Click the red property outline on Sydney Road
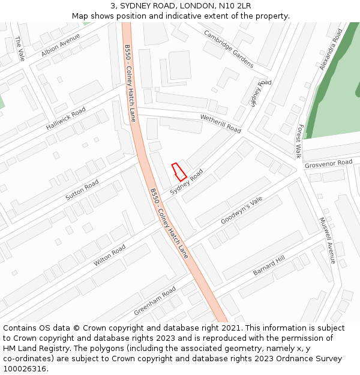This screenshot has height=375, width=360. coord(179,172)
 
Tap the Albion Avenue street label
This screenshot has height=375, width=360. coord(61,46)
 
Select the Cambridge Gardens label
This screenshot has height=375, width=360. coord(229,49)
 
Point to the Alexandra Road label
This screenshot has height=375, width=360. coord(331,49)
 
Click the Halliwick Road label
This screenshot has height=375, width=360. coord(66,119)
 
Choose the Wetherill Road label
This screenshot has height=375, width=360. coord(220,124)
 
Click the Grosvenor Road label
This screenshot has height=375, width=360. coord(328,163)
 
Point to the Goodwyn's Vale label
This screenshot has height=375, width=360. coord(242,211)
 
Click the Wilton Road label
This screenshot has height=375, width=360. coord(110,256)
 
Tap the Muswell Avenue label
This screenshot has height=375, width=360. coord(326,241)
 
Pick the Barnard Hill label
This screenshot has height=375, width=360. coord(269,265)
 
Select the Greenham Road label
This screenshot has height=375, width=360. coord(155,301)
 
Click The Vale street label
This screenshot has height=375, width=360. coord(19,49)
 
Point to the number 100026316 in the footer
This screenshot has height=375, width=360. coord(25,368)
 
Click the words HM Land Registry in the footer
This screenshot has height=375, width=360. coord(35,348)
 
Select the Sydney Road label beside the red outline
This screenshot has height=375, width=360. coord(186,182)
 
